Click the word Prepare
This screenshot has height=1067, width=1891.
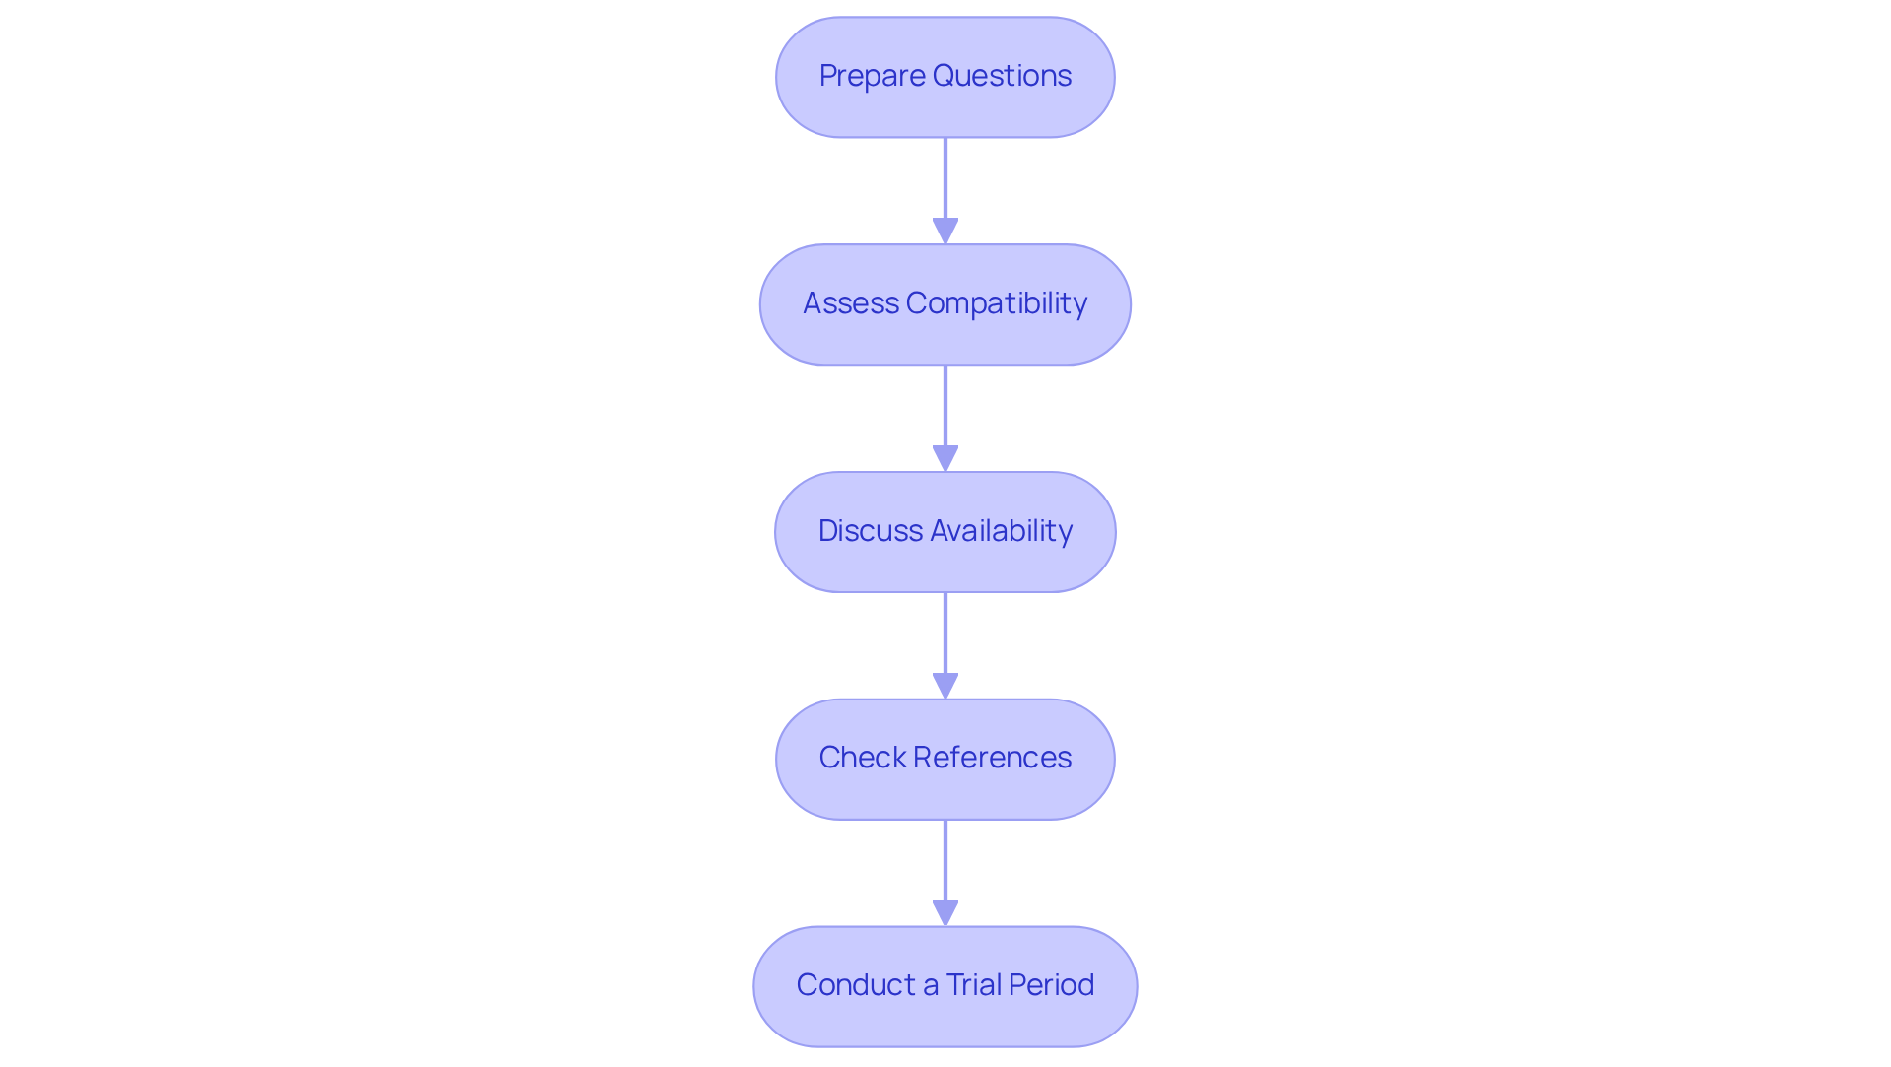(x=872, y=76)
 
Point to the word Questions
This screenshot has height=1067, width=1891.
(x=1002, y=76)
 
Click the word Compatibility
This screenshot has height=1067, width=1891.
(x=996, y=303)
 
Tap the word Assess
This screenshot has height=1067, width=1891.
(x=850, y=303)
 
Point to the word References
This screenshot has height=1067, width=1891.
(x=992, y=758)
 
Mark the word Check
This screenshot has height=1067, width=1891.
(x=862, y=758)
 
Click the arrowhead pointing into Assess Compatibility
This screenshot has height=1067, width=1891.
(x=945, y=232)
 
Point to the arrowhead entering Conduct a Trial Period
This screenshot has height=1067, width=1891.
(x=945, y=913)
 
